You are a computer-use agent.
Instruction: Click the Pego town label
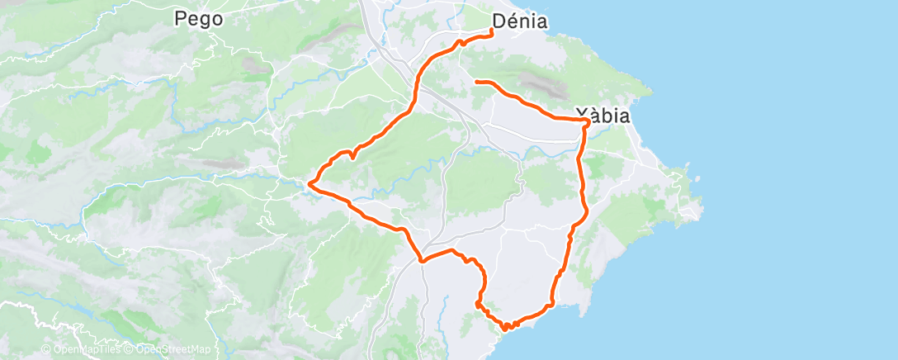point(199,18)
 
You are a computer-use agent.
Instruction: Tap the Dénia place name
point(520,21)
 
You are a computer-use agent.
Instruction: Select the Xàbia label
point(603,116)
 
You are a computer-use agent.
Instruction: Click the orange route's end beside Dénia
point(492,31)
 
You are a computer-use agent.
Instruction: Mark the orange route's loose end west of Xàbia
point(476,81)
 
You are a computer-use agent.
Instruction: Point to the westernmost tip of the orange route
point(310,182)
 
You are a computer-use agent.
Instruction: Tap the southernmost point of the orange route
point(504,329)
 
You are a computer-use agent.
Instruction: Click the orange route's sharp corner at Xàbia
point(587,121)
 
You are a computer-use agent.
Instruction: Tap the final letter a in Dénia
point(541,21)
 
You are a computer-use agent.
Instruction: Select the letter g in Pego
point(205,20)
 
